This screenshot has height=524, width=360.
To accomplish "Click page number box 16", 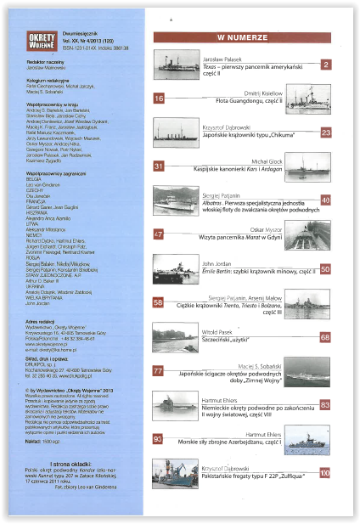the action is click(159, 99).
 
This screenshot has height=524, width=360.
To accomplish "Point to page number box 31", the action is click(159, 166).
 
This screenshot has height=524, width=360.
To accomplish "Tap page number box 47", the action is click(159, 234).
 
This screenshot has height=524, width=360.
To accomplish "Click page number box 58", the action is click(159, 302).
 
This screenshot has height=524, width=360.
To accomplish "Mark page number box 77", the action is click(159, 371).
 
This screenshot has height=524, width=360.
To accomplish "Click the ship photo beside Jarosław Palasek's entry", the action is click(177, 66).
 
